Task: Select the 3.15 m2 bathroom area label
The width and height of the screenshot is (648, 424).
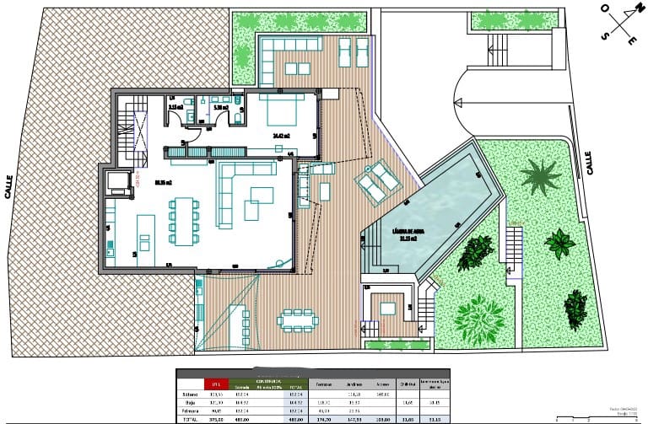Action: click(x=176, y=108)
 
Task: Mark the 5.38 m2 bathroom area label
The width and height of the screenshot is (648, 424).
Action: click(x=221, y=108)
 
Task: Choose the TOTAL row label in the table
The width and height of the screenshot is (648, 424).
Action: click(x=188, y=417)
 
